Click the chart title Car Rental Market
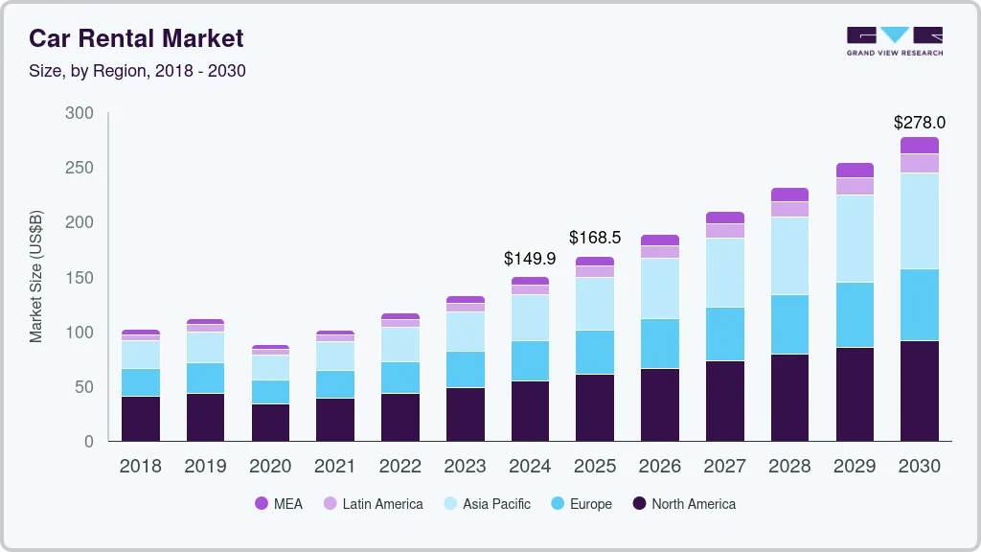click(x=136, y=38)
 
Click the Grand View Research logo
click(x=894, y=40)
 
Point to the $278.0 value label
click(x=919, y=123)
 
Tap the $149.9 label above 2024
click(x=530, y=259)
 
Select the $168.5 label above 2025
click(x=595, y=237)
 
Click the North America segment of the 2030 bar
click(x=919, y=391)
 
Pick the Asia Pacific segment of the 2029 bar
click(x=855, y=239)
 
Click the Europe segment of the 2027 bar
click(x=725, y=333)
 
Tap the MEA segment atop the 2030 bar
click(x=919, y=145)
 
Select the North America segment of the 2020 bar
click(x=270, y=422)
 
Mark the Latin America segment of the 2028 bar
click(x=789, y=209)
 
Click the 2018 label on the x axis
click(x=141, y=467)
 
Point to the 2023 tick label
click(x=465, y=467)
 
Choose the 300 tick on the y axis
click(x=80, y=113)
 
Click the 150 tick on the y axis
click(x=80, y=278)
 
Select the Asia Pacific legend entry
click(x=486, y=504)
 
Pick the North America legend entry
click(x=684, y=504)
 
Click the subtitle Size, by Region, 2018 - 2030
click(x=137, y=71)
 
